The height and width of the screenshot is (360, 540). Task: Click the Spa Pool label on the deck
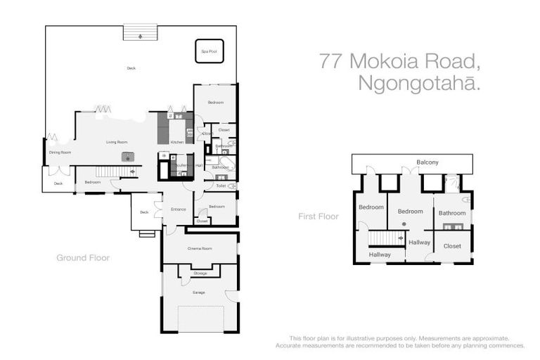tap(209, 51)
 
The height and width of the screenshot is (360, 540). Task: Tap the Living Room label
tap(116, 142)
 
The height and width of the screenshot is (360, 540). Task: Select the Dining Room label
tap(60, 152)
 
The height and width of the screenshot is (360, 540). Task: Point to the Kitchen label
tap(176, 142)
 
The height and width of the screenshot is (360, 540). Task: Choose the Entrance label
tap(178, 209)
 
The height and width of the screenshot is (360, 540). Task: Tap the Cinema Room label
tap(200, 248)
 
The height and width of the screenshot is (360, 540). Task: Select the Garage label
tap(199, 292)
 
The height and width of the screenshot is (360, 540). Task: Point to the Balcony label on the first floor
tap(427, 162)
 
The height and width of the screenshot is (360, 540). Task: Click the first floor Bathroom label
tap(452, 212)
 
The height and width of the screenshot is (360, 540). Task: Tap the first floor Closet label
tap(452, 246)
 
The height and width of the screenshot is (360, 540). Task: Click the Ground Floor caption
tap(83, 258)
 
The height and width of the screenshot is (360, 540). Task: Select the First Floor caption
tap(319, 217)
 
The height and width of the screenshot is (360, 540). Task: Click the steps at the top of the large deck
tap(139, 32)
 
